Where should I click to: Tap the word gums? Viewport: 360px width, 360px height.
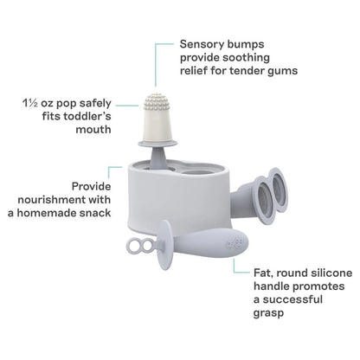pos(283,71)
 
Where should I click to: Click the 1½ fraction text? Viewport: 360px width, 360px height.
pos(30,103)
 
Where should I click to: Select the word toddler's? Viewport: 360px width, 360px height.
pos(87,116)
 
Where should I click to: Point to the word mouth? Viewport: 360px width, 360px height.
pos(93,129)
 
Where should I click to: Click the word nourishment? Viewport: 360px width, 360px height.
pos(52,200)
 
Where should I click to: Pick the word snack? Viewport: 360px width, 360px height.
pos(95,213)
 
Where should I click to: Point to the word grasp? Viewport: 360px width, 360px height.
pos(268,313)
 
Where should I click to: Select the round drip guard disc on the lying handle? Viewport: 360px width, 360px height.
pos(165,245)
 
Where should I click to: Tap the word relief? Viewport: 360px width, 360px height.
pos(193,71)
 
